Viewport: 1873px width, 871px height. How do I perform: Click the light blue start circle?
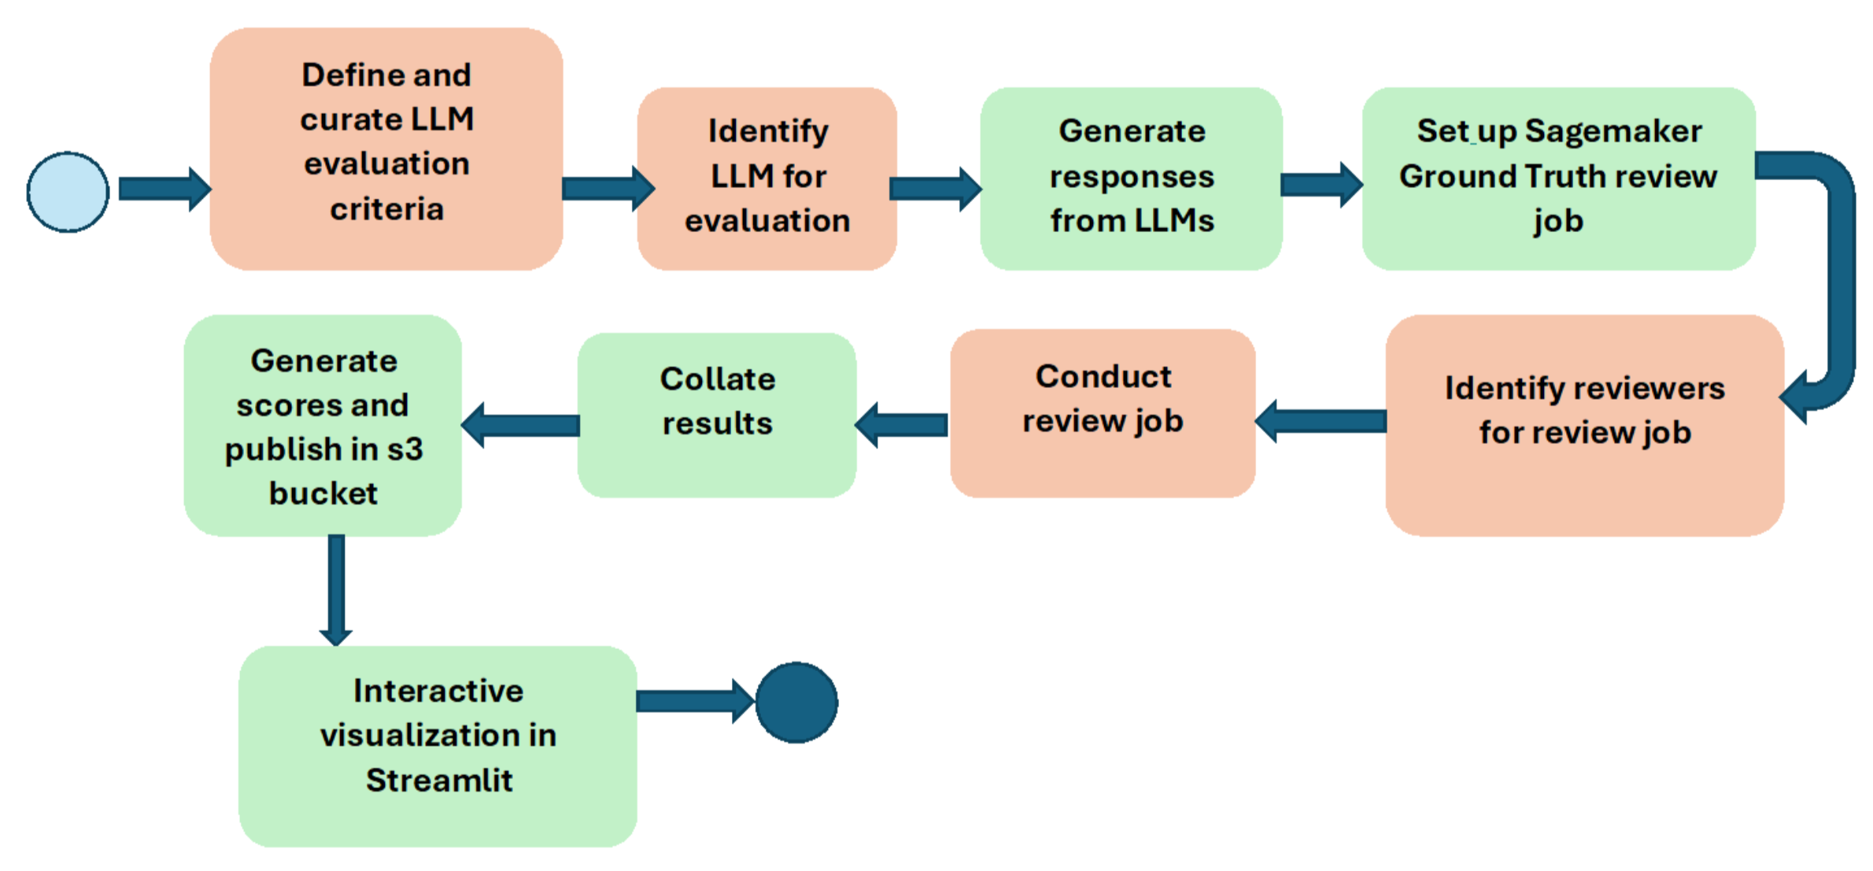(x=68, y=192)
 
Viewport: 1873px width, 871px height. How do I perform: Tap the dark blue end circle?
(x=796, y=702)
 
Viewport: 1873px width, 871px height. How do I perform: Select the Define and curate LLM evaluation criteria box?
(x=386, y=149)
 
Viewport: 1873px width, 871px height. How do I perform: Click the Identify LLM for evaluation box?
(x=767, y=179)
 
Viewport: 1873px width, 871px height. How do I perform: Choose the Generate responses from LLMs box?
(x=1131, y=179)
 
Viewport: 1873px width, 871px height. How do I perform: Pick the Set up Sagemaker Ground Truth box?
(x=1558, y=179)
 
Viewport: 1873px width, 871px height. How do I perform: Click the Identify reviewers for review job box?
(x=1584, y=425)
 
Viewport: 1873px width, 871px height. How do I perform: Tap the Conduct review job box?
(x=1102, y=413)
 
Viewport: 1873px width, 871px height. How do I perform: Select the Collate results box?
(x=717, y=415)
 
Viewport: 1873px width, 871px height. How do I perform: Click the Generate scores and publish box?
(x=323, y=425)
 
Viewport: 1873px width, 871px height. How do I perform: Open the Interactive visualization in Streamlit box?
(x=438, y=746)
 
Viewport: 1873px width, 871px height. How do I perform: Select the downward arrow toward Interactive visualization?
(x=336, y=590)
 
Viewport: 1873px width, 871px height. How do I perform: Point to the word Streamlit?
(x=439, y=780)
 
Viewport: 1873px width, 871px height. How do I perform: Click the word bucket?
(x=323, y=493)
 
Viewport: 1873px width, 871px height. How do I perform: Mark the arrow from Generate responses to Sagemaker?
(x=1321, y=185)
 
